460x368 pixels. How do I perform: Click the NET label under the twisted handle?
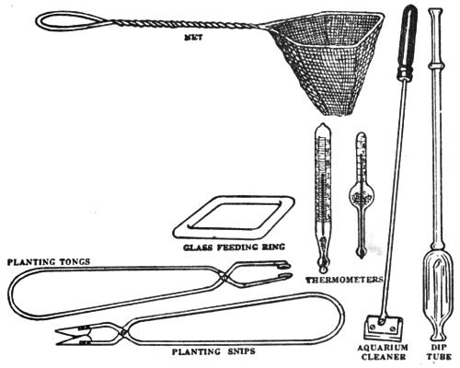pyautogui.click(x=193, y=39)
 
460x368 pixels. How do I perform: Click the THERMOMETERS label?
pyautogui.click(x=345, y=280)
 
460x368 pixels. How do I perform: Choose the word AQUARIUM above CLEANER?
pyautogui.click(x=384, y=348)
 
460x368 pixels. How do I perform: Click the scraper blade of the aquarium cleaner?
pyautogui.click(x=383, y=328)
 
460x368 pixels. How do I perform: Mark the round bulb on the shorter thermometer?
pyautogui.click(x=362, y=195)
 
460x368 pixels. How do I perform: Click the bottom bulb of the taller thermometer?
pyautogui.click(x=323, y=268)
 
